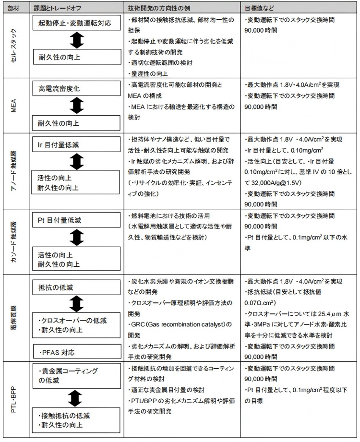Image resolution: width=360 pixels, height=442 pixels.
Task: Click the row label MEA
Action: point(15,105)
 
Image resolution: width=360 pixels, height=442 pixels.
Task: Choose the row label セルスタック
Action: point(15,46)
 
